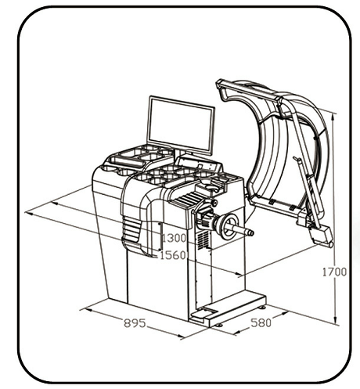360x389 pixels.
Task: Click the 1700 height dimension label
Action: pos(334,272)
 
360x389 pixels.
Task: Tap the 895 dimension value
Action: pos(135,323)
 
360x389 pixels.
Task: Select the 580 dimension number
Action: pos(261,322)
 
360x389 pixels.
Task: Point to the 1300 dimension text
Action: pos(175,238)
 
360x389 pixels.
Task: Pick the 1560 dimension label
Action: pos(173,255)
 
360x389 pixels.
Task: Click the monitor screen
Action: pos(181,126)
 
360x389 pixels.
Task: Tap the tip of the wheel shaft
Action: pos(252,233)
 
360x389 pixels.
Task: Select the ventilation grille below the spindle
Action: pos(203,240)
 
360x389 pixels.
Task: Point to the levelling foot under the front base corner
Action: pos(218,325)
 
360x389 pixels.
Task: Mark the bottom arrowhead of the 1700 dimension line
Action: pos(336,320)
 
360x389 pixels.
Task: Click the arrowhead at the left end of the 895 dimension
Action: pos(88,310)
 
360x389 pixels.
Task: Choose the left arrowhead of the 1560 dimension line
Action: pos(29,214)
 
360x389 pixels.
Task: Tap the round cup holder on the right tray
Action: pos(212,187)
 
